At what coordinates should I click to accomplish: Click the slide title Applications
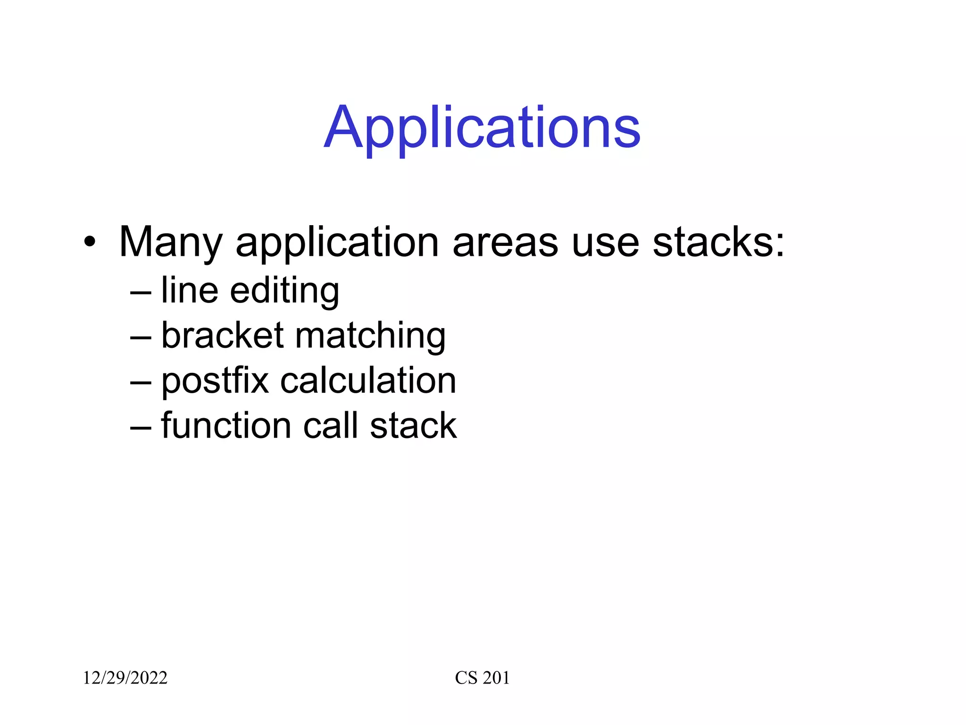(x=482, y=128)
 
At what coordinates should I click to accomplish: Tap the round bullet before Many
(x=90, y=243)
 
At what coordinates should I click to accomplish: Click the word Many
(x=170, y=243)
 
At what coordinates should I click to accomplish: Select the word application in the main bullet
(x=337, y=243)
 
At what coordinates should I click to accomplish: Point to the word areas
(x=505, y=243)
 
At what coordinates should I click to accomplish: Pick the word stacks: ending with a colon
(x=718, y=243)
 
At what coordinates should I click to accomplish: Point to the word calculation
(x=368, y=380)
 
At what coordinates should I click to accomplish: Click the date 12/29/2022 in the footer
(x=125, y=678)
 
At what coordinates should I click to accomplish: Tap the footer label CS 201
(x=482, y=678)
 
